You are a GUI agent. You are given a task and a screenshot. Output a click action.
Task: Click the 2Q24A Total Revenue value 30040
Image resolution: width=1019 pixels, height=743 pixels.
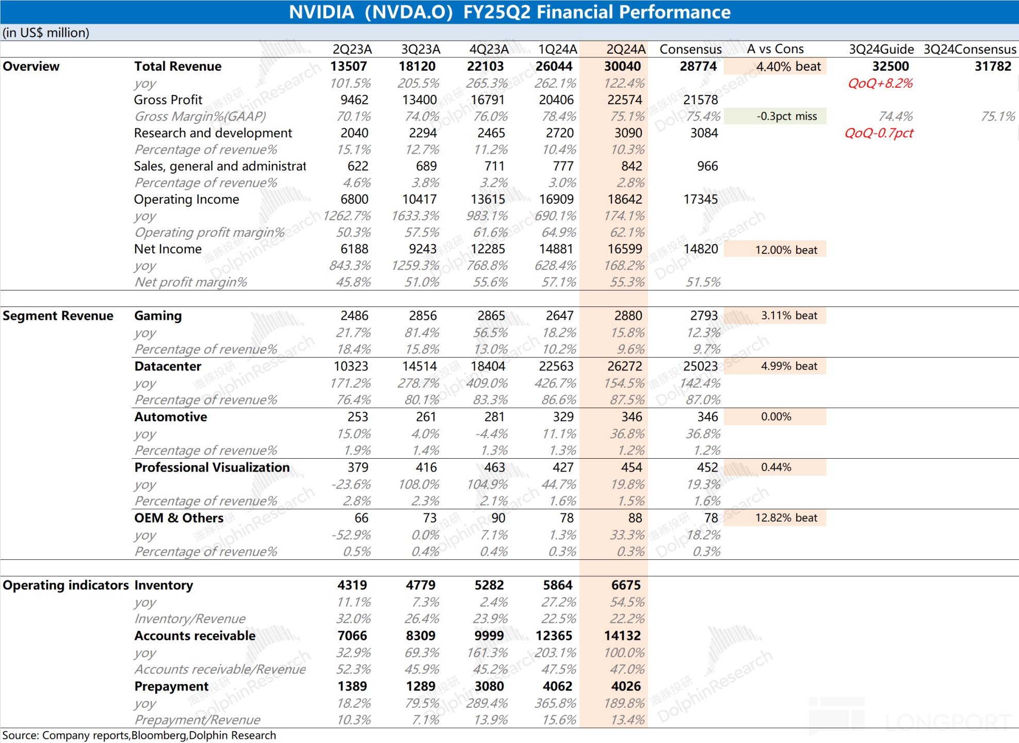click(622, 67)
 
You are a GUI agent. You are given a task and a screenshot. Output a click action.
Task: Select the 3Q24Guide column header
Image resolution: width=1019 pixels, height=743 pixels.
click(881, 50)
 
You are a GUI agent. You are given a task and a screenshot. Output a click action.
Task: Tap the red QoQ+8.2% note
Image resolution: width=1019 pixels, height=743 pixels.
click(880, 83)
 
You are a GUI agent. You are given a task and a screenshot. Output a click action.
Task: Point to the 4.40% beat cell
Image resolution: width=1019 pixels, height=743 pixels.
click(775, 67)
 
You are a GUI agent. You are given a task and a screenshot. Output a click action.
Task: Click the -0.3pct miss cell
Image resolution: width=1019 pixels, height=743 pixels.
click(775, 116)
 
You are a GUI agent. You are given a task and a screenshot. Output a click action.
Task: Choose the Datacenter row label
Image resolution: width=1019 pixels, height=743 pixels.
click(168, 366)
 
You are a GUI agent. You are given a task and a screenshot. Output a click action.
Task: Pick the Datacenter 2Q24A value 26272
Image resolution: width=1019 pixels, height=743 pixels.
click(625, 366)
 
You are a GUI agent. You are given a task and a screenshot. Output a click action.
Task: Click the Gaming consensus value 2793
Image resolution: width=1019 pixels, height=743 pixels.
click(704, 316)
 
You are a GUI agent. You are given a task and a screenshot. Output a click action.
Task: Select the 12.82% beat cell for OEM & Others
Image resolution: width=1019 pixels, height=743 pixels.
click(775, 518)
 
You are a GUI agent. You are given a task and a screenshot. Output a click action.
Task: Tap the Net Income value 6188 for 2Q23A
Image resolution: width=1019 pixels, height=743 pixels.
click(354, 249)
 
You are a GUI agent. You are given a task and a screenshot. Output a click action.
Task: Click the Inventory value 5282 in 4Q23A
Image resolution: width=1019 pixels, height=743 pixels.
click(489, 586)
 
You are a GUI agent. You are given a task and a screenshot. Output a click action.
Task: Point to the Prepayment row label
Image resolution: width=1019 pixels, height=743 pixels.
click(171, 687)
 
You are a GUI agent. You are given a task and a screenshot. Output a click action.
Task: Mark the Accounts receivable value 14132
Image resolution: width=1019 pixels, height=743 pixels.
click(622, 636)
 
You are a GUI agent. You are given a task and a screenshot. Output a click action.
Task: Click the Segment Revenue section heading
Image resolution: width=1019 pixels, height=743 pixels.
click(58, 316)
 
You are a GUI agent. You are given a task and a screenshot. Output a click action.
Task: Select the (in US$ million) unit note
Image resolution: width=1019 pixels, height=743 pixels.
click(46, 33)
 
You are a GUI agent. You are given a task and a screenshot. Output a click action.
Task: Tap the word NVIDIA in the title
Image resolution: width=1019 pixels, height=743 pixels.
click(321, 12)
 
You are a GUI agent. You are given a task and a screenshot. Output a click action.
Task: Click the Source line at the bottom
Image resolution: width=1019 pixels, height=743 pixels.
click(139, 735)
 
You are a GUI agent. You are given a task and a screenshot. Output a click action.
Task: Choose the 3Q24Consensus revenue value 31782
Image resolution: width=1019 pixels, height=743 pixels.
click(993, 67)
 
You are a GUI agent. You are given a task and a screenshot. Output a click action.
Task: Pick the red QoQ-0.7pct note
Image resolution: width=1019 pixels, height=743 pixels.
click(879, 133)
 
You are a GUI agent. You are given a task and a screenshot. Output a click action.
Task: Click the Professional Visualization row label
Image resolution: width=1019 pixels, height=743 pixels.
click(212, 467)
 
